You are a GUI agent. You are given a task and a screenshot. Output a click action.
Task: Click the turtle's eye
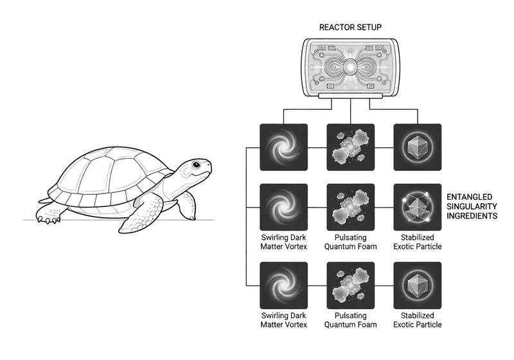click(x=196, y=165)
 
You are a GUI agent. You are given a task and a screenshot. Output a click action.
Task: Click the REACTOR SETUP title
click(x=350, y=27)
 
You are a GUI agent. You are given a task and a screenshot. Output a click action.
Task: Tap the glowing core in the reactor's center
click(x=350, y=67)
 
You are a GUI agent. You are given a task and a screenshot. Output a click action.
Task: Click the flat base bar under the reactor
click(x=350, y=95)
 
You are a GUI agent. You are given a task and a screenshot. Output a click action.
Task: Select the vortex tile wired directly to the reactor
click(x=283, y=147)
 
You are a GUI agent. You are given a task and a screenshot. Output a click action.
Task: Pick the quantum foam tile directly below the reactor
click(x=350, y=147)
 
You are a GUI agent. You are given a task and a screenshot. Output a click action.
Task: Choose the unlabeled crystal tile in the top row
click(x=417, y=147)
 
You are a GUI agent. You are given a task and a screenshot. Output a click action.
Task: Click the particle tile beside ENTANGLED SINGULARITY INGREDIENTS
click(x=417, y=207)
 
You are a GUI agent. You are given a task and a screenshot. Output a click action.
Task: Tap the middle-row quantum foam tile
click(x=350, y=207)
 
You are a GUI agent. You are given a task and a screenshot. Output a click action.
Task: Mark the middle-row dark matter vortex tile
click(x=283, y=207)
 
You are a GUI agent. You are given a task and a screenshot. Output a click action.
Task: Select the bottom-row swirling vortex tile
click(x=283, y=285)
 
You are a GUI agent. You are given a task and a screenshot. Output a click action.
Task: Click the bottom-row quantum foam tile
click(x=350, y=285)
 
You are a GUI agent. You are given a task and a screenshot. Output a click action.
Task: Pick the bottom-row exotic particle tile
click(x=417, y=285)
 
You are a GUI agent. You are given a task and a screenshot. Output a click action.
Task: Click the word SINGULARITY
click(x=472, y=206)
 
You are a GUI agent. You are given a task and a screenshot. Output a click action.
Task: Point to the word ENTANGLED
click(x=470, y=197)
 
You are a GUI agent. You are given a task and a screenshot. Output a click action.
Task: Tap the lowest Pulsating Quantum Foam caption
click(x=350, y=320)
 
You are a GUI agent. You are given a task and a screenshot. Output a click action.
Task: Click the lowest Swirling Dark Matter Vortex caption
click(x=283, y=320)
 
